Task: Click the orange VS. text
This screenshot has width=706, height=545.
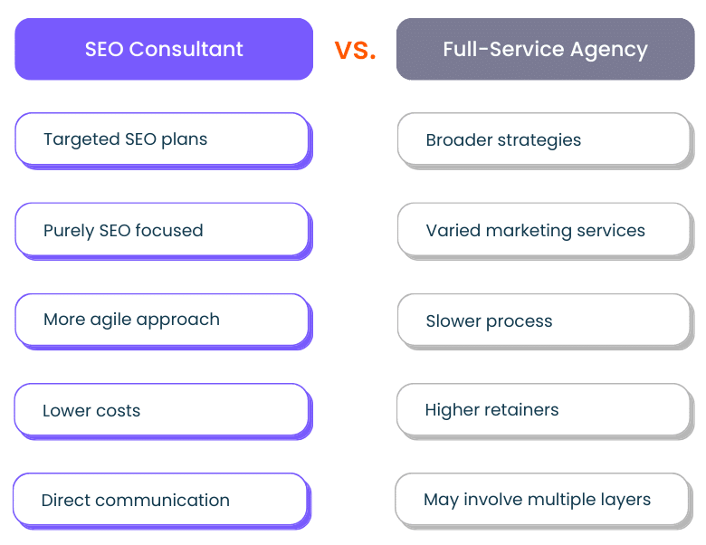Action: (x=355, y=50)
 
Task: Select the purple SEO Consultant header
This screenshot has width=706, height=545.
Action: (x=164, y=49)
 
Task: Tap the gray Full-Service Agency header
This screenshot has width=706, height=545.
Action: (x=545, y=49)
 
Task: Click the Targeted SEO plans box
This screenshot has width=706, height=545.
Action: (x=164, y=141)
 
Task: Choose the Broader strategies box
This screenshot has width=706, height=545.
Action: (x=546, y=141)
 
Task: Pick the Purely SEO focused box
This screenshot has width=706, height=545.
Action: (x=164, y=232)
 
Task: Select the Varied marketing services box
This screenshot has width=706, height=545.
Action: (x=546, y=232)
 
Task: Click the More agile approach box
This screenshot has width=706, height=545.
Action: (x=164, y=321)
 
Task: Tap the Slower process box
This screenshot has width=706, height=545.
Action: (x=546, y=321)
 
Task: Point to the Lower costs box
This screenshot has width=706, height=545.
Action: (x=163, y=412)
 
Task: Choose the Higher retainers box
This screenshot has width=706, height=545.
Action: (x=545, y=412)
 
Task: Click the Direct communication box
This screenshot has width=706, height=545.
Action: (x=162, y=502)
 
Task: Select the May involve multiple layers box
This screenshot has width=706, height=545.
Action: (x=544, y=502)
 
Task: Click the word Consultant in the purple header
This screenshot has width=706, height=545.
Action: (x=186, y=49)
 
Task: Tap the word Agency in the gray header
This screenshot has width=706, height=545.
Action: (x=609, y=51)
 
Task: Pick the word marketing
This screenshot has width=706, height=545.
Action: (x=529, y=232)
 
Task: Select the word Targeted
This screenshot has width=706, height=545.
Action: (x=82, y=140)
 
